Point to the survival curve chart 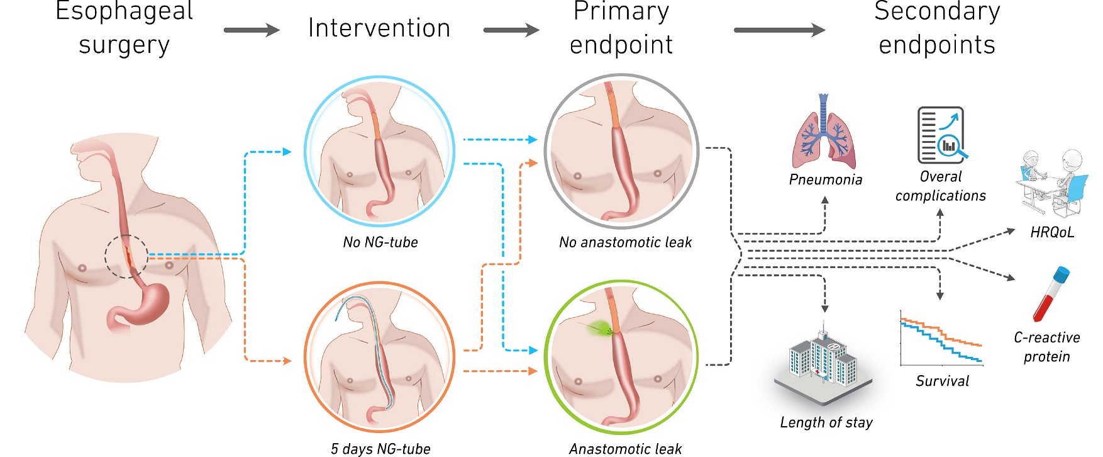click(941, 338)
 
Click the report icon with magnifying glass click(942, 135)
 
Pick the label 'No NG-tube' click(380, 242)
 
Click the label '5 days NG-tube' click(380, 449)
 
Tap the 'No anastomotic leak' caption click(625, 242)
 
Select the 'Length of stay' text click(826, 422)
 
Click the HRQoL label click(1052, 232)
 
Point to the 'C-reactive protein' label click(1047, 347)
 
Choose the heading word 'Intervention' click(379, 28)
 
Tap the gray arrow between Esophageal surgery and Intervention click(252, 30)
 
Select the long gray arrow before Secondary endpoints click(779, 30)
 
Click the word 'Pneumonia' click(825, 180)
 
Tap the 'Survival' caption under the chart click(942, 381)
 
